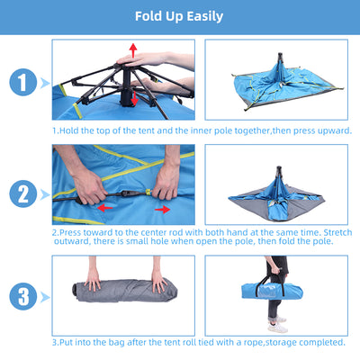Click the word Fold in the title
(x=149, y=16)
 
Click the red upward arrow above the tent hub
(x=133, y=50)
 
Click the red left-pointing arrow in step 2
(x=105, y=206)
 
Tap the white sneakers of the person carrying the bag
(x=277, y=325)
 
